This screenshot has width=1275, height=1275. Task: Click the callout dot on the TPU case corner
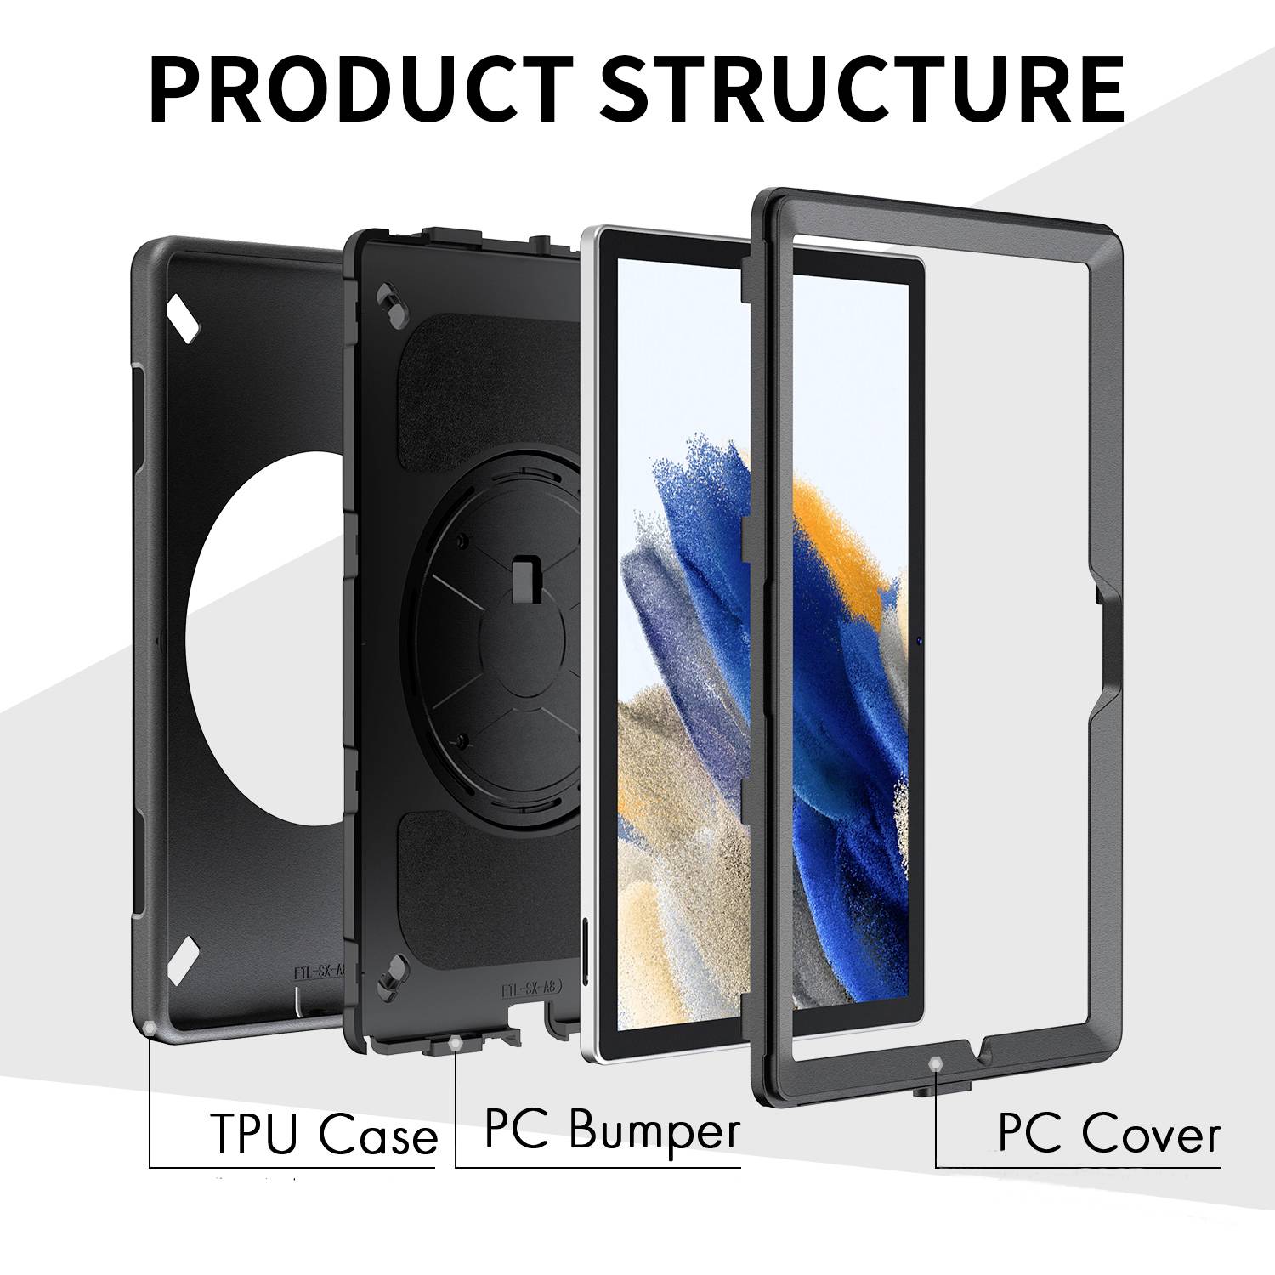[150, 1029]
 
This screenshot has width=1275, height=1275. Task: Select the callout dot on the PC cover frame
[936, 1062]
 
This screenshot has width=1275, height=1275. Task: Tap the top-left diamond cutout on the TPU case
[184, 316]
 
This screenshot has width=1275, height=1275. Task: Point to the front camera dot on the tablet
[921, 640]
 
